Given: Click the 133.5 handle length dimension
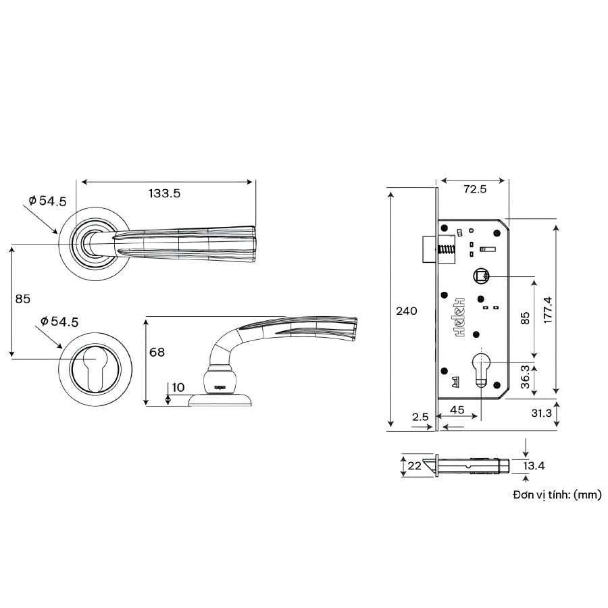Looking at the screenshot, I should pos(164,193).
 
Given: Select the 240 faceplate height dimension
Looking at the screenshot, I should pos(406,311).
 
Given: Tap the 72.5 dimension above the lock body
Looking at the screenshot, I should pos(475,189).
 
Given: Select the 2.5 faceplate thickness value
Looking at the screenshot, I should pos(420,417).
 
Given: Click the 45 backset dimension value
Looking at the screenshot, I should pos(457,409).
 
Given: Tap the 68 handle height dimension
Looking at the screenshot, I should pos(157,352).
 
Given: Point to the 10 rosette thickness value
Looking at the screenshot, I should pos(178,387).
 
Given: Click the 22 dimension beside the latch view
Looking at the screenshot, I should pos(413,466).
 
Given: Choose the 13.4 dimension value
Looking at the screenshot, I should pos(534,465).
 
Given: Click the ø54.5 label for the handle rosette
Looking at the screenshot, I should pos(47,201).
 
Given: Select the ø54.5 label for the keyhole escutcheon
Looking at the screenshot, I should pos(59,322).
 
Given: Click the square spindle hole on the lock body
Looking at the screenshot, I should pos(480,276).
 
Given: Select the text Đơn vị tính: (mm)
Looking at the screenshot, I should pos(557,495).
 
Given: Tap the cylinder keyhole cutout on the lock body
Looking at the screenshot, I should pos(480,368).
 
